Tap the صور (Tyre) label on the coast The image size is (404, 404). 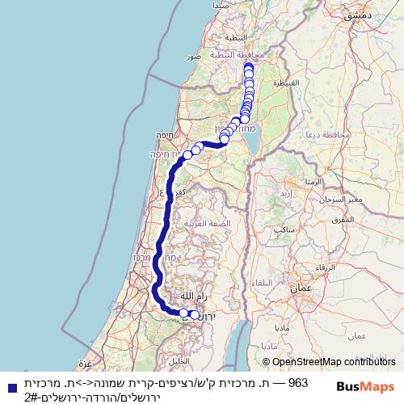[x=193, y=58]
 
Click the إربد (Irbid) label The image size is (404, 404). [x=284, y=195]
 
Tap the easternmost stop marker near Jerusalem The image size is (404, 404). [x=195, y=315]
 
